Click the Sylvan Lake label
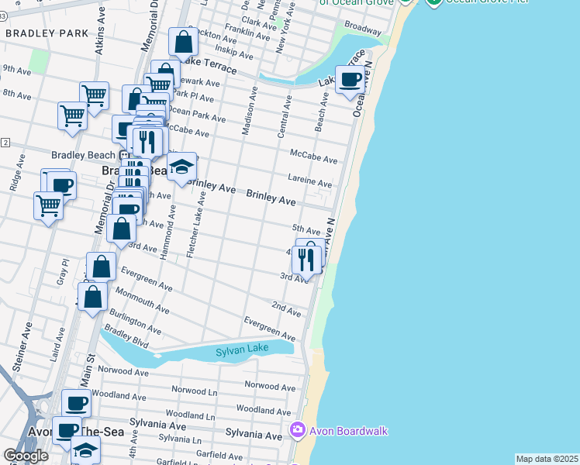[242, 350]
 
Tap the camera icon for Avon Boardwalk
[297, 430]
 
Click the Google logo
[26, 456]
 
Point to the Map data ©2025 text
[547, 459]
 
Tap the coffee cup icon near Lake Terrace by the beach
[350, 79]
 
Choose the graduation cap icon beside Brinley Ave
[181, 167]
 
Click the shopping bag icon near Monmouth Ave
[92, 297]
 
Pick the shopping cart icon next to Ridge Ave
[48, 206]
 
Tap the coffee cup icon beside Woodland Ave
[76, 403]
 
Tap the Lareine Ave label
[310, 181]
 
